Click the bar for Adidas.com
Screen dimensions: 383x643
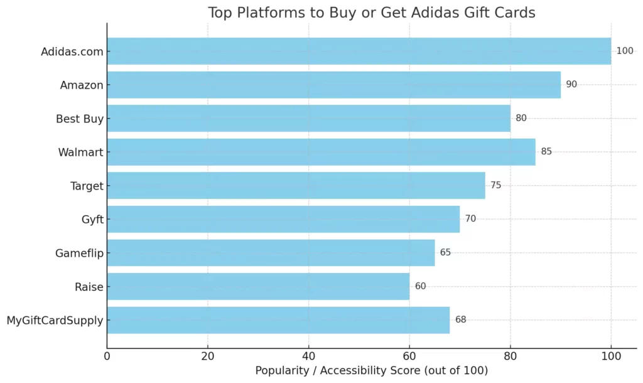359,51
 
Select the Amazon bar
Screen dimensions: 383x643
333,84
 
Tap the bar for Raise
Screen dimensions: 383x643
258,286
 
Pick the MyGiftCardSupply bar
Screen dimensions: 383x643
278,320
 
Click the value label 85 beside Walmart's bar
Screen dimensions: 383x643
546,151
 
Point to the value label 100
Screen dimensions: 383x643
625,51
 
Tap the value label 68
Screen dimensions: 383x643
461,320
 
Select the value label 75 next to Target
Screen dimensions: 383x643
496,185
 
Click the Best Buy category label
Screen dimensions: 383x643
79,118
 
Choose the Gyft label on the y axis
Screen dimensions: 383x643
92,219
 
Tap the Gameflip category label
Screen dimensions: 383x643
79,253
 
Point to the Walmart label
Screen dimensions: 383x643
80,152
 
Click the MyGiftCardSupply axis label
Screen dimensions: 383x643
55,321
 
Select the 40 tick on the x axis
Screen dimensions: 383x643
308,357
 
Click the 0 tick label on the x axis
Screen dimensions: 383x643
107,357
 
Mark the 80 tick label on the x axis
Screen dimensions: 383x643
511,357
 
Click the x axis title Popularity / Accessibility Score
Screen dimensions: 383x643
371,370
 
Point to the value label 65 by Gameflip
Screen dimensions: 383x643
445,252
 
